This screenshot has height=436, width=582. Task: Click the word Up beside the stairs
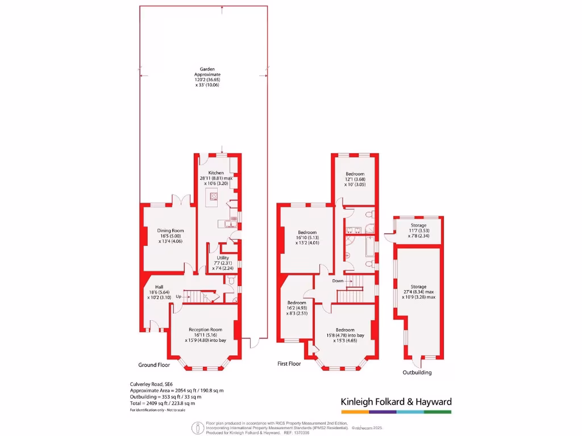click(178, 296)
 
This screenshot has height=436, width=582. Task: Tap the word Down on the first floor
click(338, 280)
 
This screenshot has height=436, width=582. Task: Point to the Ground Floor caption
click(154, 365)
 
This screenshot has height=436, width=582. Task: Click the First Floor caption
click(289, 363)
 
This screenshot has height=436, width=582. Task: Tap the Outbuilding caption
click(417, 372)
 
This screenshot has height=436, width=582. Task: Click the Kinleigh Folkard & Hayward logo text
click(396, 401)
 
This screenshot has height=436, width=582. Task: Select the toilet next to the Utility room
click(230, 280)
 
